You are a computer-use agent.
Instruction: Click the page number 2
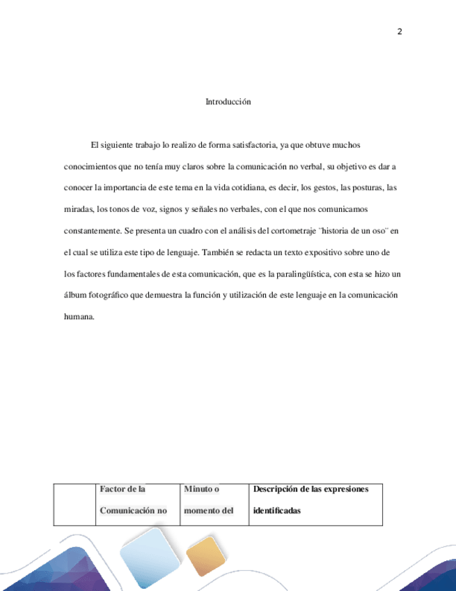pyautogui.click(x=400, y=31)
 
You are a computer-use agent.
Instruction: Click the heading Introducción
pyautogui.click(x=228, y=102)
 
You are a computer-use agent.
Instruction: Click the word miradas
pyautogui.click(x=78, y=209)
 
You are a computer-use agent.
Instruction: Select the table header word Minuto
pyautogui.click(x=198, y=489)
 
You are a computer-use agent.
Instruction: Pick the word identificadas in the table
pyautogui.click(x=277, y=510)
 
